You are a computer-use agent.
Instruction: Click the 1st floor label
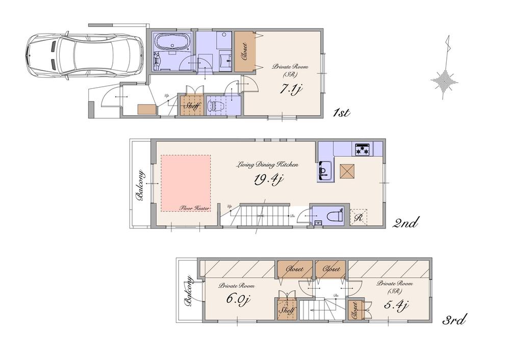pos(340,113)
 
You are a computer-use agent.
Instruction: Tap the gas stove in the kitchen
pos(363,149)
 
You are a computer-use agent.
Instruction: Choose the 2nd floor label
pos(406,223)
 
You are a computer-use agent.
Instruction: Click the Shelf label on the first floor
pos(192,106)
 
